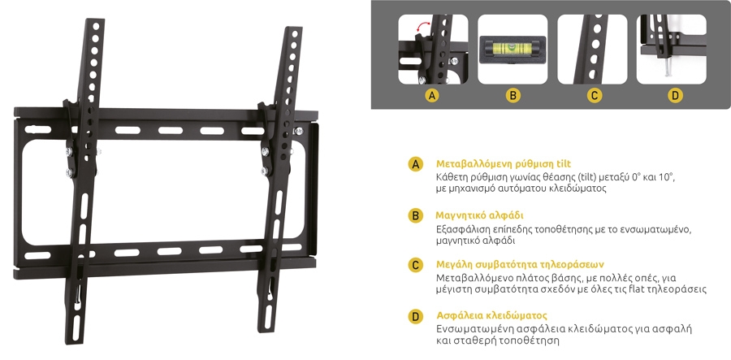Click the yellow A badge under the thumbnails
(x=433, y=96)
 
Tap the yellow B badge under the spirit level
(x=513, y=96)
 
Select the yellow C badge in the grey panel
(x=594, y=96)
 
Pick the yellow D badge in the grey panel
(x=675, y=96)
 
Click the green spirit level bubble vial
(x=512, y=47)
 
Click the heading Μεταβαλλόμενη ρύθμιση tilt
(x=504, y=164)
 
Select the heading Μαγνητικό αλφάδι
(x=480, y=216)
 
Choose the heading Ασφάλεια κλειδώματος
(x=492, y=315)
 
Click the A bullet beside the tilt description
(x=415, y=164)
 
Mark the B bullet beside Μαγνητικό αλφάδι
(x=415, y=216)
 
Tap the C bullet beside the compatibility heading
(x=415, y=266)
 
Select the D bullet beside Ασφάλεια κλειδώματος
(x=415, y=316)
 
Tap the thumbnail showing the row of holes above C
(x=593, y=49)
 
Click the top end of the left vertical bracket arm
(x=95, y=20)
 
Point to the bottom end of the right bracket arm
(x=265, y=330)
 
